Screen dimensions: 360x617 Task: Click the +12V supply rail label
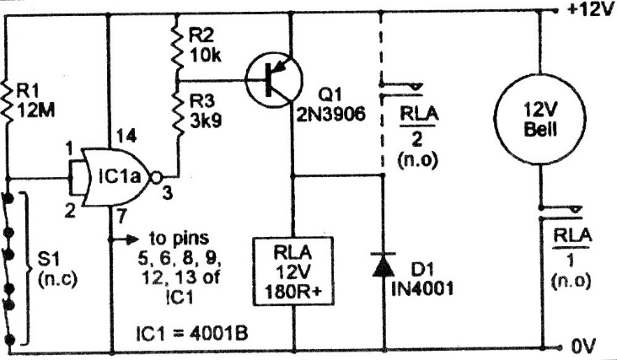pos(587,13)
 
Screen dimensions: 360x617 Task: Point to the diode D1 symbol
pos(384,266)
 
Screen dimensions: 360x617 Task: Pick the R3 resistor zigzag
pos(178,109)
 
